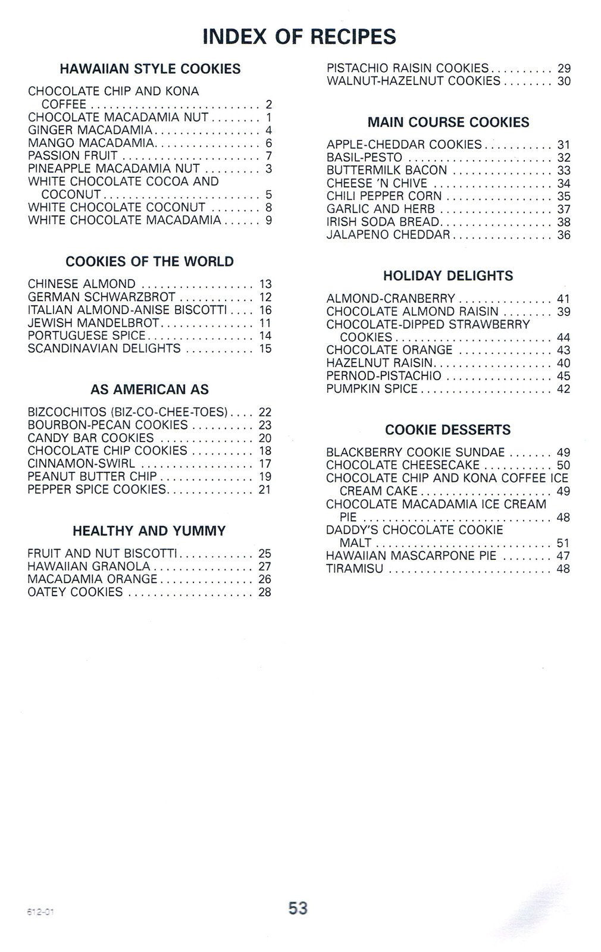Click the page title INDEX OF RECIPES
tap(299, 37)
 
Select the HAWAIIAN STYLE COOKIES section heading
tap(150, 69)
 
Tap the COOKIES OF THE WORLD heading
tap(149, 262)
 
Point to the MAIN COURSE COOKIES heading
tap(448, 123)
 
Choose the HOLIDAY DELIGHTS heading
tap(447, 276)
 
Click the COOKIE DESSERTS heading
tap(447, 430)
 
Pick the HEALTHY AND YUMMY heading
tap(149, 531)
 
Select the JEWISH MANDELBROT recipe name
tap(93, 323)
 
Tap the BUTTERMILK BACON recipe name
tap(386, 170)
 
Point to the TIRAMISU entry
tap(355, 569)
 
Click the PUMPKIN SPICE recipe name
tap(372, 389)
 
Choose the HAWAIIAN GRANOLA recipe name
tap(89, 566)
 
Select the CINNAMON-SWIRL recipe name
tap(81, 464)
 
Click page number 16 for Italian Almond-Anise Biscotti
tap(265, 310)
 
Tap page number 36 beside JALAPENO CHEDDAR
tap(564, 235)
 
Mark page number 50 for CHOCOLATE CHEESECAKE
tap(564, 465)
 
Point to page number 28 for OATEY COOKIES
tap(265, 592)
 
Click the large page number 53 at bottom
tap(298, 909)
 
